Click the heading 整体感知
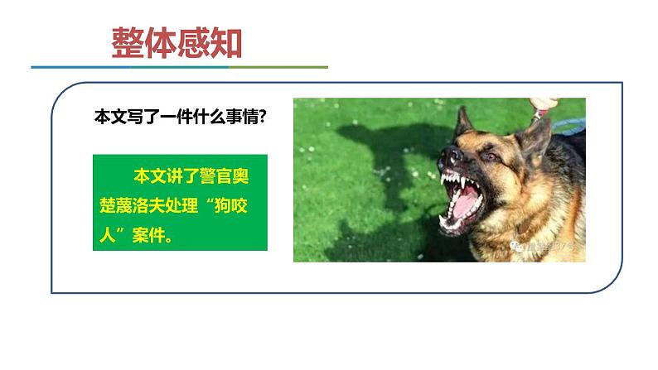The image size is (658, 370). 177,43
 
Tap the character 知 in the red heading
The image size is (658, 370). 225,43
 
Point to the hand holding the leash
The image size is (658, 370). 543,104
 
